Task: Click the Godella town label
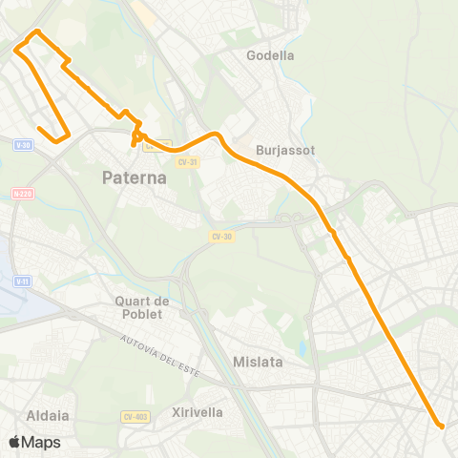coord(270,55)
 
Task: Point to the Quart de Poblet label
coord(141,307)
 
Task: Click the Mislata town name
coord(256,362)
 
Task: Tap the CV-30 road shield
coord(221,236)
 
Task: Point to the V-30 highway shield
coord(24,145)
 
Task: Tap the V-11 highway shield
coord(23,281)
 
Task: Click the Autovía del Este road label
coord(158,354)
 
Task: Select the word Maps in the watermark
coord(41,443)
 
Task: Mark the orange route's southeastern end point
coord(441,426)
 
